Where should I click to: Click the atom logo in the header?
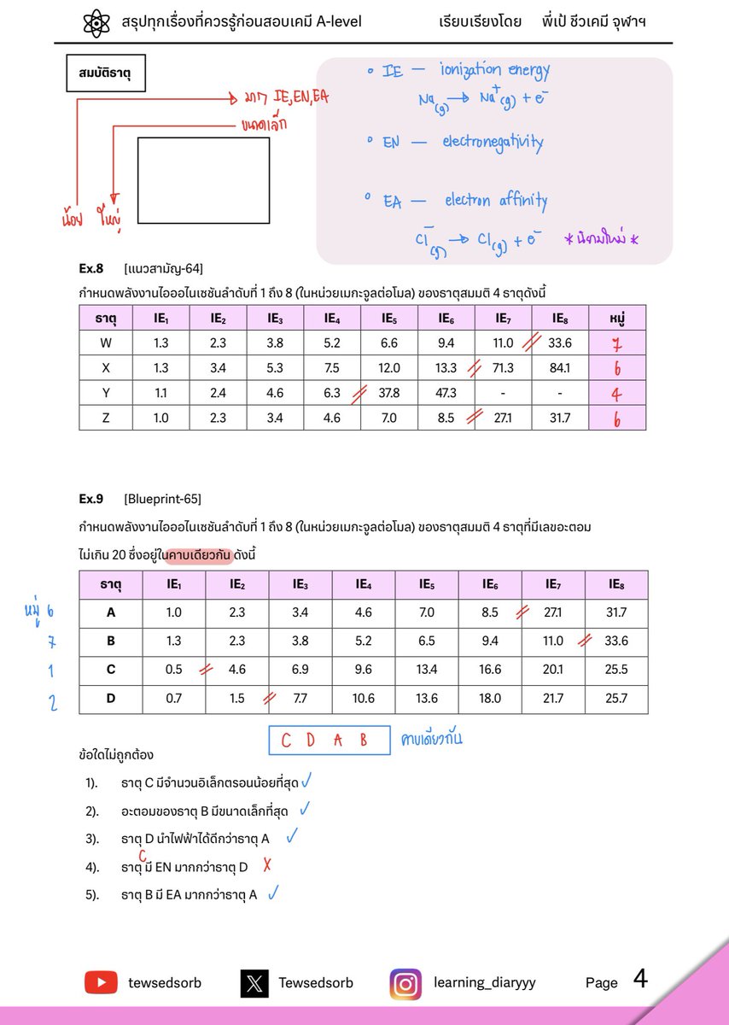point(98,22)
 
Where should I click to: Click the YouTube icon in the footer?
point(101,982)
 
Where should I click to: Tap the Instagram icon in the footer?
point(405,983)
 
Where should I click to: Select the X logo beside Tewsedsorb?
point(254,983)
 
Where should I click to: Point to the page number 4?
point(640,979)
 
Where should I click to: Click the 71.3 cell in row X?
point(502,368)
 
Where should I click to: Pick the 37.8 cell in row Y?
point(388,393)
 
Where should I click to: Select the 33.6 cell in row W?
point(560,343)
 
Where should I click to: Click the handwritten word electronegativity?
point(492,142)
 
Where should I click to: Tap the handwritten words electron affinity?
point(496,201)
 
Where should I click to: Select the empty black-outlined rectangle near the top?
point(203,180)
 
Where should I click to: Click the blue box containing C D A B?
point(329,741)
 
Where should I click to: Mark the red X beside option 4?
point(267,865)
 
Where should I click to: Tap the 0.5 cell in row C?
point(174,670)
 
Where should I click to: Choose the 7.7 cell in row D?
point(300,699)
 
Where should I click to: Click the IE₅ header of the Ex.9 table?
point(427,585)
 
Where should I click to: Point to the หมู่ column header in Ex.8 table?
point(617,319)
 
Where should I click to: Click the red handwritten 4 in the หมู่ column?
point(617,394)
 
